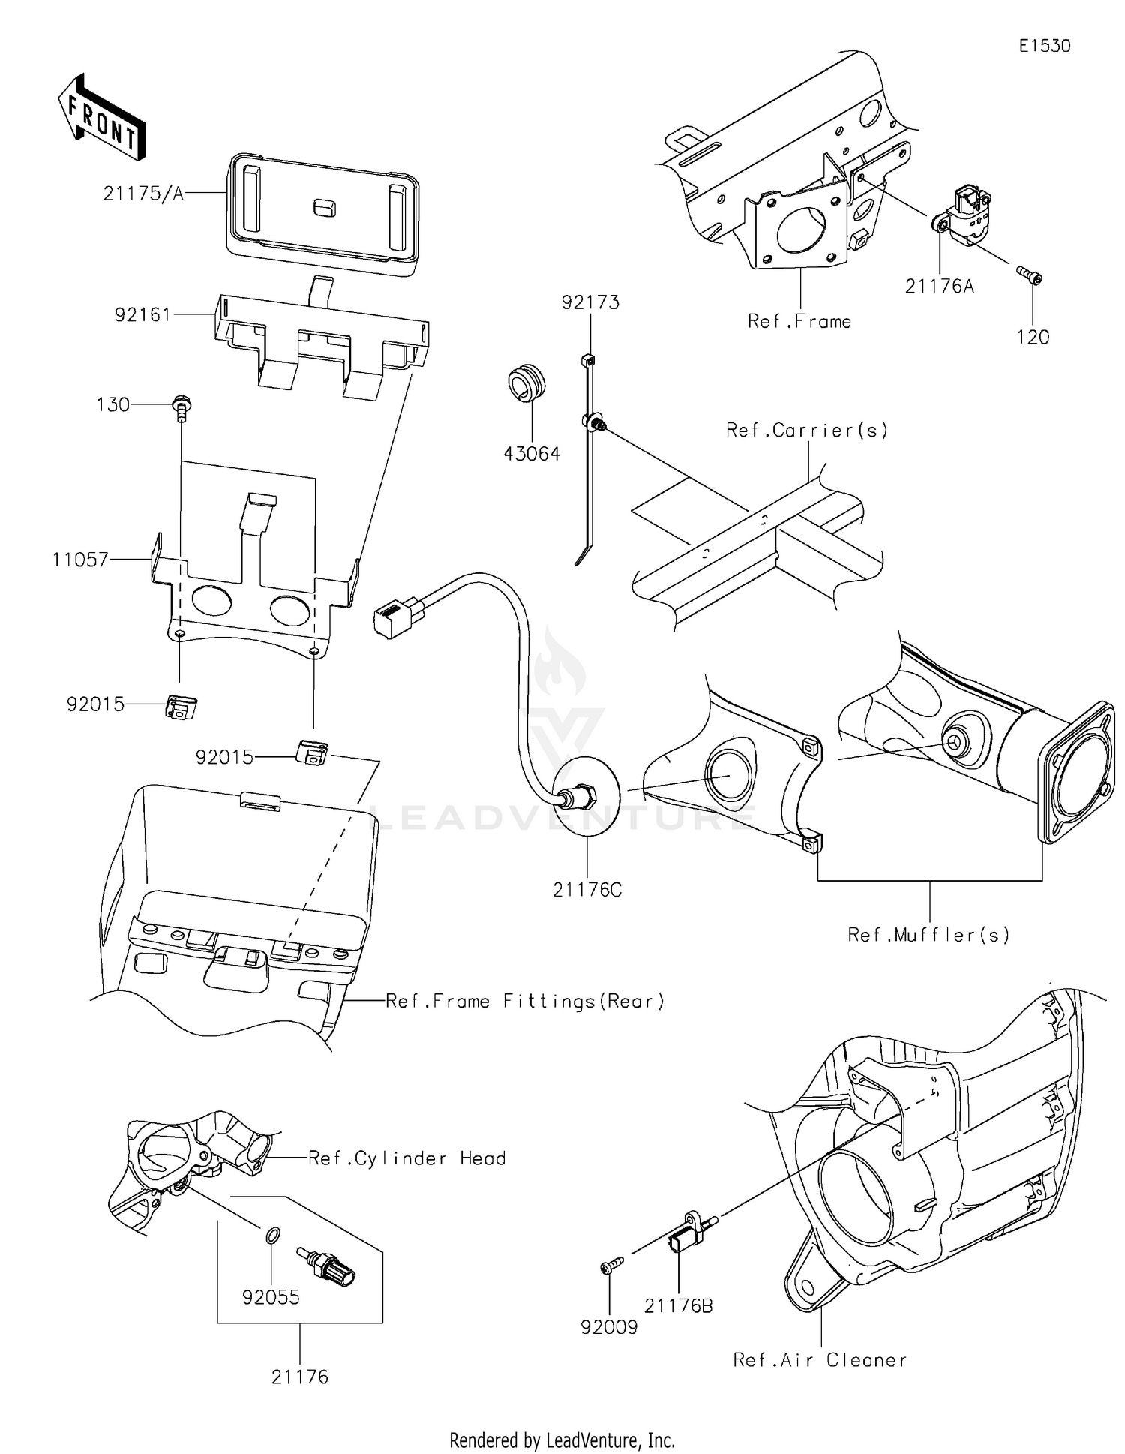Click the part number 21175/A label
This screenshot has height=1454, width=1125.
(x=143, y=194)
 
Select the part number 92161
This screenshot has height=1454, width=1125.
(x=142, y=314)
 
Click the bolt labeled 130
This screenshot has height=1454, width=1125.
(x=181, y=406)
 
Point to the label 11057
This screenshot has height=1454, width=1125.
(x=80, y=560)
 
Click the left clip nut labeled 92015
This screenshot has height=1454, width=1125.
(x=180, y=707)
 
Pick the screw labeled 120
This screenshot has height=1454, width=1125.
(x=1030, y=275)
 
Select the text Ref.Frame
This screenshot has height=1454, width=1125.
(x=799, y=322)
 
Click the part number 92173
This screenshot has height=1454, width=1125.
(x=591, y=302)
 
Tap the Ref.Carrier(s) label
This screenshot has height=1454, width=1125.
(x=807, y=431)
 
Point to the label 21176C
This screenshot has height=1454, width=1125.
(x=587, y=890)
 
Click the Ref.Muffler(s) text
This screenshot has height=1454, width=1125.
(x=928, y=935)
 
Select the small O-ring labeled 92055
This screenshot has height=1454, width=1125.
(x=274, y=1234)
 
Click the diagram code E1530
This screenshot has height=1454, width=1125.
(x=1044, y=46)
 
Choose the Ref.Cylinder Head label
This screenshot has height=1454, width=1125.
(x=407, y=1158)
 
